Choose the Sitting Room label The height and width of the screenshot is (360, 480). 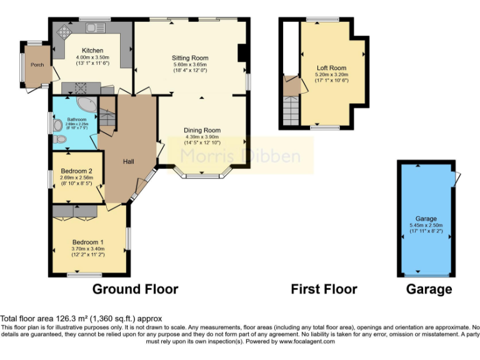[190, 58]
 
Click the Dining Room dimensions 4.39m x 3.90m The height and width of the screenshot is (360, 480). [202, 137]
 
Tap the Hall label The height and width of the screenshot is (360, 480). [128, 162]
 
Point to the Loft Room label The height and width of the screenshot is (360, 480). [331, 67]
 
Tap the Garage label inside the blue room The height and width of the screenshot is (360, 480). [426, 219]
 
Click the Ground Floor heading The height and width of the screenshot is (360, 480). [135, 289]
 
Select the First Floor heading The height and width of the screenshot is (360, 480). [324, 289]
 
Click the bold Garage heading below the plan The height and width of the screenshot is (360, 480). [429, 289]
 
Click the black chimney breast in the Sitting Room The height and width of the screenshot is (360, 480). [241, 53]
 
